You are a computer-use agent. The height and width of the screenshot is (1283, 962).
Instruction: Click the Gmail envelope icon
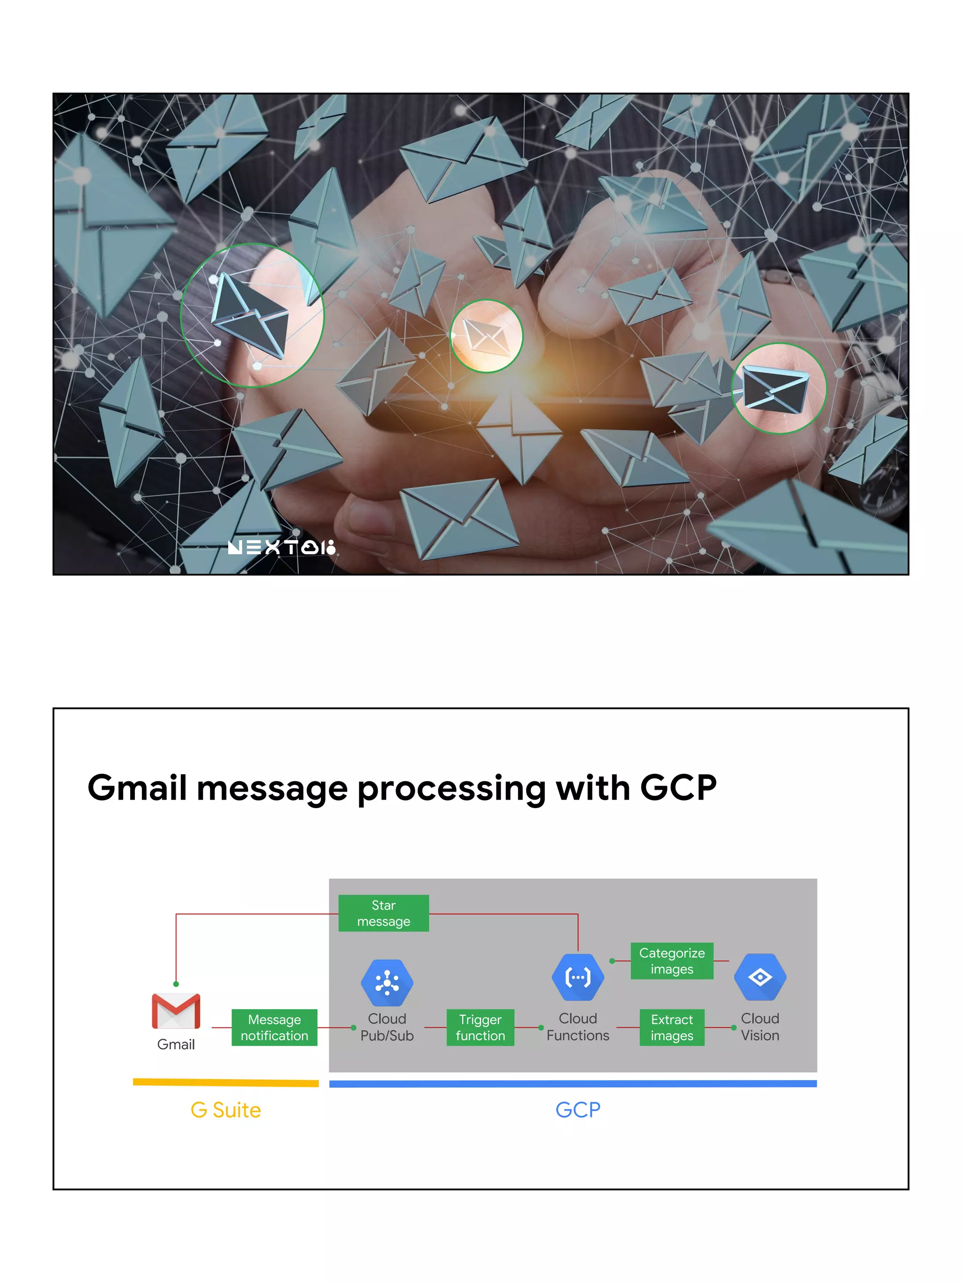(x=176, y=1011)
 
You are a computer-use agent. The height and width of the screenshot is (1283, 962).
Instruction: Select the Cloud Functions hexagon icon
(x=578, y=977)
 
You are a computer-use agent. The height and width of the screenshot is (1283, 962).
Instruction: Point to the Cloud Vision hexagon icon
(x=760, y=977)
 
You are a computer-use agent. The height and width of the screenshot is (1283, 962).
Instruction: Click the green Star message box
(x=383, y=913)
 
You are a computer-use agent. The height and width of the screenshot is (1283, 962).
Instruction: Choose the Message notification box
(x=274, y=1027)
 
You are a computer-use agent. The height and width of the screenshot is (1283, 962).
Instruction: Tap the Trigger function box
(x=480, y=1027)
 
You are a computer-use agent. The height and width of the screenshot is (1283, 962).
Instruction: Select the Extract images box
(x=672, y=1027)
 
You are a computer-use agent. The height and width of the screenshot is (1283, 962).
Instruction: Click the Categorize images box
(x=672, y=961)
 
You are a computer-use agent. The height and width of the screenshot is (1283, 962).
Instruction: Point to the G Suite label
(x=225, y=1110)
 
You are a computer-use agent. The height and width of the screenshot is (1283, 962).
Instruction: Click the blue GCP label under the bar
(x=578, y=1110)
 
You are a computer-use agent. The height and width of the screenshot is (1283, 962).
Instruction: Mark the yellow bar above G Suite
(x=225, y=1082)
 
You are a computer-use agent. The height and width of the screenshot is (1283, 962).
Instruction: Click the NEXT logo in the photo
(x=281, y=547)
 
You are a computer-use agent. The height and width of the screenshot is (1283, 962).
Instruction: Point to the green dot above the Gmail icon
(x=176, y=984)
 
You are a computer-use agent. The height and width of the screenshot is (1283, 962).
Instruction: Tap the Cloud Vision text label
(x=760, y=1027)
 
